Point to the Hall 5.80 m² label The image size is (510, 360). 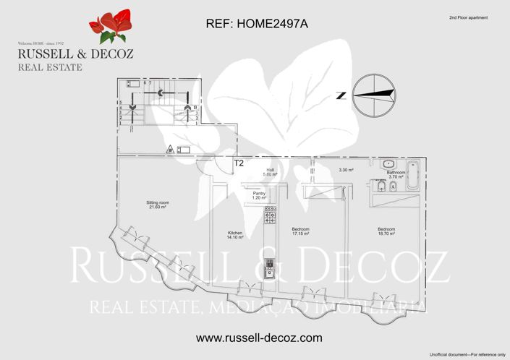pos(270,172)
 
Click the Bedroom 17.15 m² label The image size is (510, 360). pos(301,231)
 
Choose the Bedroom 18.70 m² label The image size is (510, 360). pos(386,231)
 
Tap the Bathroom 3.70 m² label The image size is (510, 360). pos(396,174)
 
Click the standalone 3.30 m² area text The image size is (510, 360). pos(346,171)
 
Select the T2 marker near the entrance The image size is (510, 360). pos(238,164)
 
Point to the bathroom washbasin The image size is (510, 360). pos(388,163)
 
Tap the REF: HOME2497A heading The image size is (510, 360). pos(257,24)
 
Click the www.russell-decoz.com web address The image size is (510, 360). pos(258,338)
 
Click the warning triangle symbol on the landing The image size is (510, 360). pos(170,149)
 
